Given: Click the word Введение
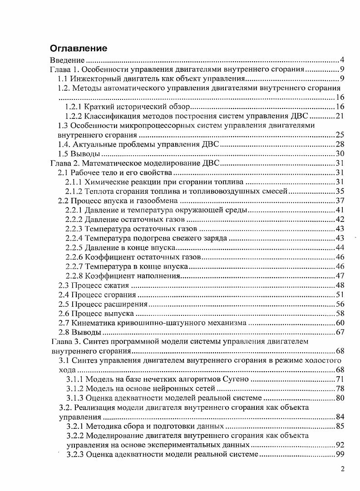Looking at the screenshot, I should tap(67, 60).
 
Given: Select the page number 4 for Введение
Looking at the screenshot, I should tap(342, 60).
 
